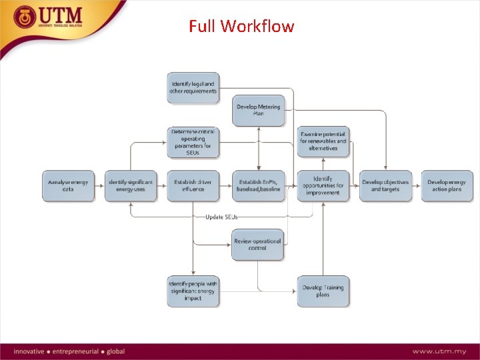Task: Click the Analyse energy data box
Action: tap(68, 186)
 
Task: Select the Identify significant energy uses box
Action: tap(131, 186)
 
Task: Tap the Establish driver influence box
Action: tap(193, 186)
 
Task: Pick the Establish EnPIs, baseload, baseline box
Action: tap(258, 186)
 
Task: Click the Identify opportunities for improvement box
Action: tap(323, 186)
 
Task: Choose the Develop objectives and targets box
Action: tap(386, 186)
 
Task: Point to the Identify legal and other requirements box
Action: tap(193, 87)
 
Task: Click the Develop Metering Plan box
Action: tap(258, 110)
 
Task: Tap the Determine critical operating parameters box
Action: tap(193, 143)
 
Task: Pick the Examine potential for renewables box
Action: tap(323, 141)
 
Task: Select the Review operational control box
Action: tap(258, 244)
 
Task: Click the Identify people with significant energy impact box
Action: tap(193, 291)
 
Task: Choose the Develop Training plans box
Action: tap(323, 291)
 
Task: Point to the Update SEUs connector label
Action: tap(221, 217)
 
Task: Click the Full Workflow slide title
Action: tap(241, 27)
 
